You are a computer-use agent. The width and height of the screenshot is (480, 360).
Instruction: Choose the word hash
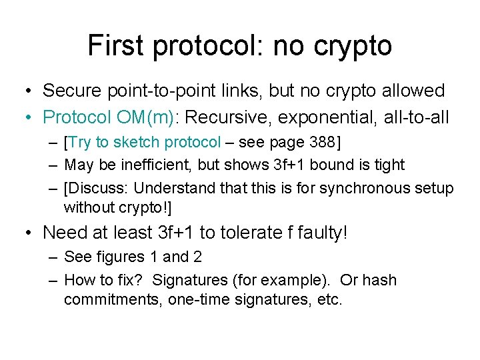pos(380,280)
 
